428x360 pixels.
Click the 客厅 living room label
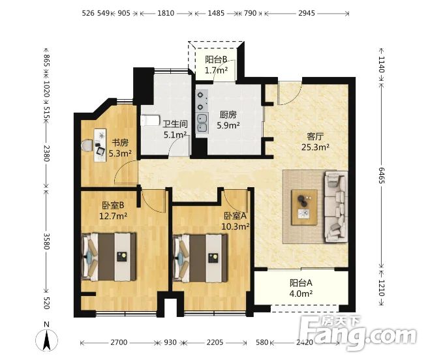(x=315, y=136)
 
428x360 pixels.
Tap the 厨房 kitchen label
(x=228, y=115)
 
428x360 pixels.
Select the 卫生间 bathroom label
(x=176, y=124)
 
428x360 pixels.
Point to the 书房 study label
(x=120, y=142)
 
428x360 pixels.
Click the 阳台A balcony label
(x=301, y=283)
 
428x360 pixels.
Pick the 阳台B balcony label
(x=216, y=59)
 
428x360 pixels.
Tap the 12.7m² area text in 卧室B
(x=113, y=216)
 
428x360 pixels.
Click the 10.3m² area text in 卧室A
(x=236, y=226)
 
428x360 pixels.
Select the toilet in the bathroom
(x=150, y=121)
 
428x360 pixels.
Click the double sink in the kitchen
(x=202, y=123)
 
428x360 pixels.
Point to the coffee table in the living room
(x=304, y=207)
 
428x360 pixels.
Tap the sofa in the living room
(x=336, y=207)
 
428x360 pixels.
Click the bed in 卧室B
(x=109, y=257)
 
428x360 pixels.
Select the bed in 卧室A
(x=200, y=258)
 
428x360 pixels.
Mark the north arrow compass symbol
(x=47, y=340)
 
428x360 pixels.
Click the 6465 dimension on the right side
(x=381, y=175)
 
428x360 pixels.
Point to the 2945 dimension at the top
(x=307, y=13)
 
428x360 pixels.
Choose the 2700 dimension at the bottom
(x=119, y=342)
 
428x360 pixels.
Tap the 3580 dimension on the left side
(x=47, y=241)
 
